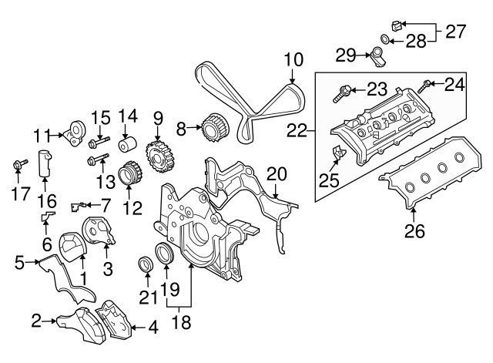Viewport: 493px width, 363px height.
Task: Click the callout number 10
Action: pos(294,58)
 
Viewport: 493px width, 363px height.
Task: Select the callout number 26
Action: pos(415,229)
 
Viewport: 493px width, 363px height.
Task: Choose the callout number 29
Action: pos(346,53)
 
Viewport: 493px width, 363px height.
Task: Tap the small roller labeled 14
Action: pos(126,145)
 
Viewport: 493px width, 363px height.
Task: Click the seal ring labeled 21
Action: pos(143,265)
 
